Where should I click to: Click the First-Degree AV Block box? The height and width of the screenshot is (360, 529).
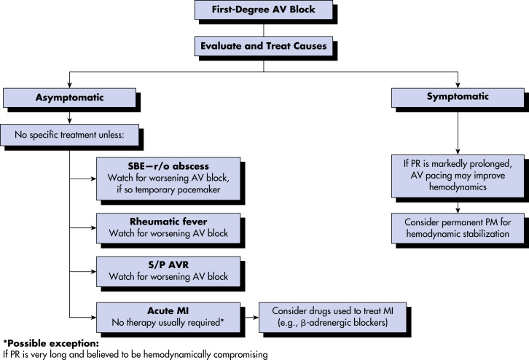coord(264,9)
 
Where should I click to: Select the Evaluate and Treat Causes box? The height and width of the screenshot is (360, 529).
coord(264,46)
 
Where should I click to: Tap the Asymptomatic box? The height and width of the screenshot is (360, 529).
coord(69,98)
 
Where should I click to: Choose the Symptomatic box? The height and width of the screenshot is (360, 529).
coord(458,98)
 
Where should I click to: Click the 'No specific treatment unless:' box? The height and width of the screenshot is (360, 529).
coord(69,135)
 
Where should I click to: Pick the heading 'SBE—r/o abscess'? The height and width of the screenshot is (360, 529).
coord(168,166)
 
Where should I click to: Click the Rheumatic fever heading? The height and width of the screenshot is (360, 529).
coord(168,222)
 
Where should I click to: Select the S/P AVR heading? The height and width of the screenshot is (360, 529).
coord(168,265)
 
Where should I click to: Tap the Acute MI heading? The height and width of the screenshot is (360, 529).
coord(168,310)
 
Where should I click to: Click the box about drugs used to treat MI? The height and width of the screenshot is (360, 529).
coord(333,318)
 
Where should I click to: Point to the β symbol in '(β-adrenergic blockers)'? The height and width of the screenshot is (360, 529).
coord(303,323)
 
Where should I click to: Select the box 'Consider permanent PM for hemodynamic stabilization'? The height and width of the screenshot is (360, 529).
coord(458,228)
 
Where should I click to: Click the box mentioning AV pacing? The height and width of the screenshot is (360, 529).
coord(458,176)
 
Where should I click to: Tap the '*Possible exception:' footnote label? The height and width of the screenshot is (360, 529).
coord(51,343)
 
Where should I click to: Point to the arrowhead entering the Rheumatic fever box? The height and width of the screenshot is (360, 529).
coord(93,228)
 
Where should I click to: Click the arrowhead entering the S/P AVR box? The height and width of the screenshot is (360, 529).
coord(93,271)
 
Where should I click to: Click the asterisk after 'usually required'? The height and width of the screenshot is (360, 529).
coord(222,321)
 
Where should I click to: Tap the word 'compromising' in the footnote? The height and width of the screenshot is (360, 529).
coord(240,355)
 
